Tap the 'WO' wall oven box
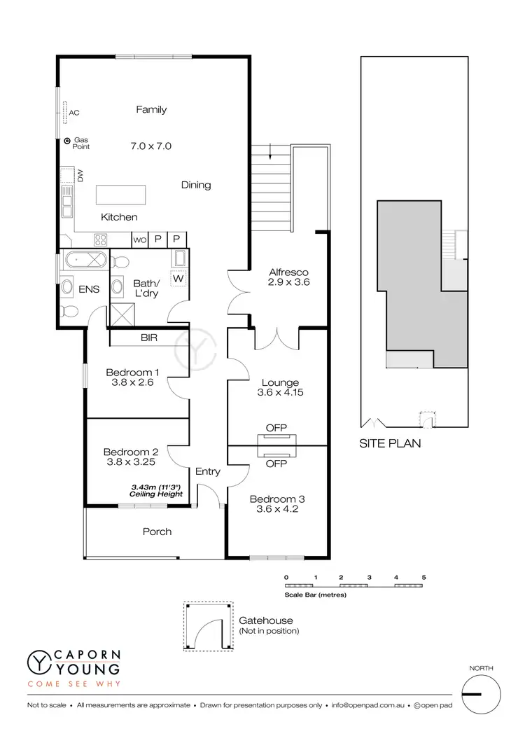[139, 239]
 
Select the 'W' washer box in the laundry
[177, 278]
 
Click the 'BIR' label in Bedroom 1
[148, 338]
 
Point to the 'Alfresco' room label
[289, 272]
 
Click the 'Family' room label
[151, 109]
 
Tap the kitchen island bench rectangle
[121, 193]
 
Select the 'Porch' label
[157, 532]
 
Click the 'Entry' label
[207, 471]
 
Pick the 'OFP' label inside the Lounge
[276, 428]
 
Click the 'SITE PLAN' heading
[390, 443]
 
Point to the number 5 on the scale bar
[423, 577]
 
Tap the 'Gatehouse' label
[266, 620]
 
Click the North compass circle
[482, 694]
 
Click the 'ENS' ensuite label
[89, 289]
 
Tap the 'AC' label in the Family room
[73, 112]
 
